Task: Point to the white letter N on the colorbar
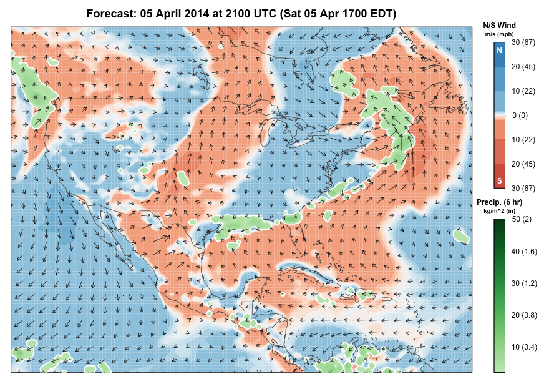499,49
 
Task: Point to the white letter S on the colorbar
499,181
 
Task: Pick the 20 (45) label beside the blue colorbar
523,67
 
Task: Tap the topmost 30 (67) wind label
523,42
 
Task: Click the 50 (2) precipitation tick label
520,219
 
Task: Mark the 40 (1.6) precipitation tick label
523,251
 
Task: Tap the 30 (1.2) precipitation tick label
523,283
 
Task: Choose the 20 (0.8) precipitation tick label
523,315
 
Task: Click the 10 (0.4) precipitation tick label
523,347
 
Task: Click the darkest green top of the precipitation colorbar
499,222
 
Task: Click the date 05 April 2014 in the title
172,13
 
